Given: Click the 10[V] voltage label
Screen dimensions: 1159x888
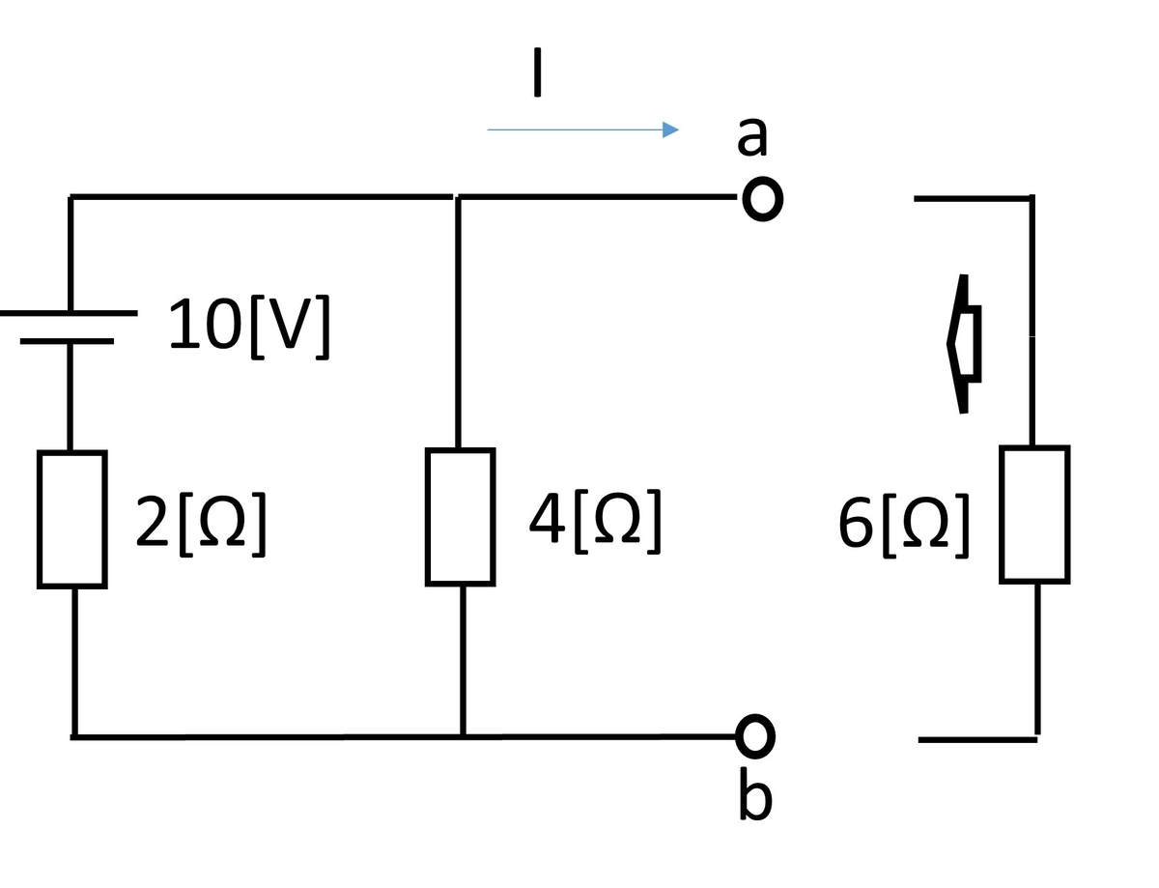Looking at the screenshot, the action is click(248, 327).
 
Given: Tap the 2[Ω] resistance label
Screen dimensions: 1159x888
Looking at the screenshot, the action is click(201, 525).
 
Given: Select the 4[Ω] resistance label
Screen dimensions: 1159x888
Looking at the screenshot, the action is click(595, 522).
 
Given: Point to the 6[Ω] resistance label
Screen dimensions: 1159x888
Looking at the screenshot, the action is click(903, 526).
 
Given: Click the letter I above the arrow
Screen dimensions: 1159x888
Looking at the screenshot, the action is click(537, 72).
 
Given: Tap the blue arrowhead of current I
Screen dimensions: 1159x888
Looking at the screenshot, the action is click(670, 129).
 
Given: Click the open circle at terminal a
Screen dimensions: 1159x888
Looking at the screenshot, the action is click(763, 199).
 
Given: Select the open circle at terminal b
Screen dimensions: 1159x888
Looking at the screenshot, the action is click(755, 736).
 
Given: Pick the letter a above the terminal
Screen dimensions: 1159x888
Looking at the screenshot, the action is click(751, 136).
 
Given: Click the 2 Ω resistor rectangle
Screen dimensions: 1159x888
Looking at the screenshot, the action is click(72, 520).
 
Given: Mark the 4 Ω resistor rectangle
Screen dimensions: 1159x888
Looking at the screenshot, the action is click(461, 517).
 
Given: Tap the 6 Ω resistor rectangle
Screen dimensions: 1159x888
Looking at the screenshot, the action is click(1034, 515).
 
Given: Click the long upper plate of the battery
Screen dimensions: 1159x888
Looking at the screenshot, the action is click(69, 313).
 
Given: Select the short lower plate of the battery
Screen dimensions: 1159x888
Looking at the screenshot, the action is click(68, 341).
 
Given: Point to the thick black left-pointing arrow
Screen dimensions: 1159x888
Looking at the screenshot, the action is click(964, 344).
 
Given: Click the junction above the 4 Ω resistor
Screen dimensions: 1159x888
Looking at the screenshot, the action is click(458, 197).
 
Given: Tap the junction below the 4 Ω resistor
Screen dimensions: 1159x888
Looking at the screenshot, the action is click(463, 737).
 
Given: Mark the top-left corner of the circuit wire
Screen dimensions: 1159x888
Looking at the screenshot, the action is click(71, 197).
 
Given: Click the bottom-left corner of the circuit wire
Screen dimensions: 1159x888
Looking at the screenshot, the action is click(74, 737).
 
